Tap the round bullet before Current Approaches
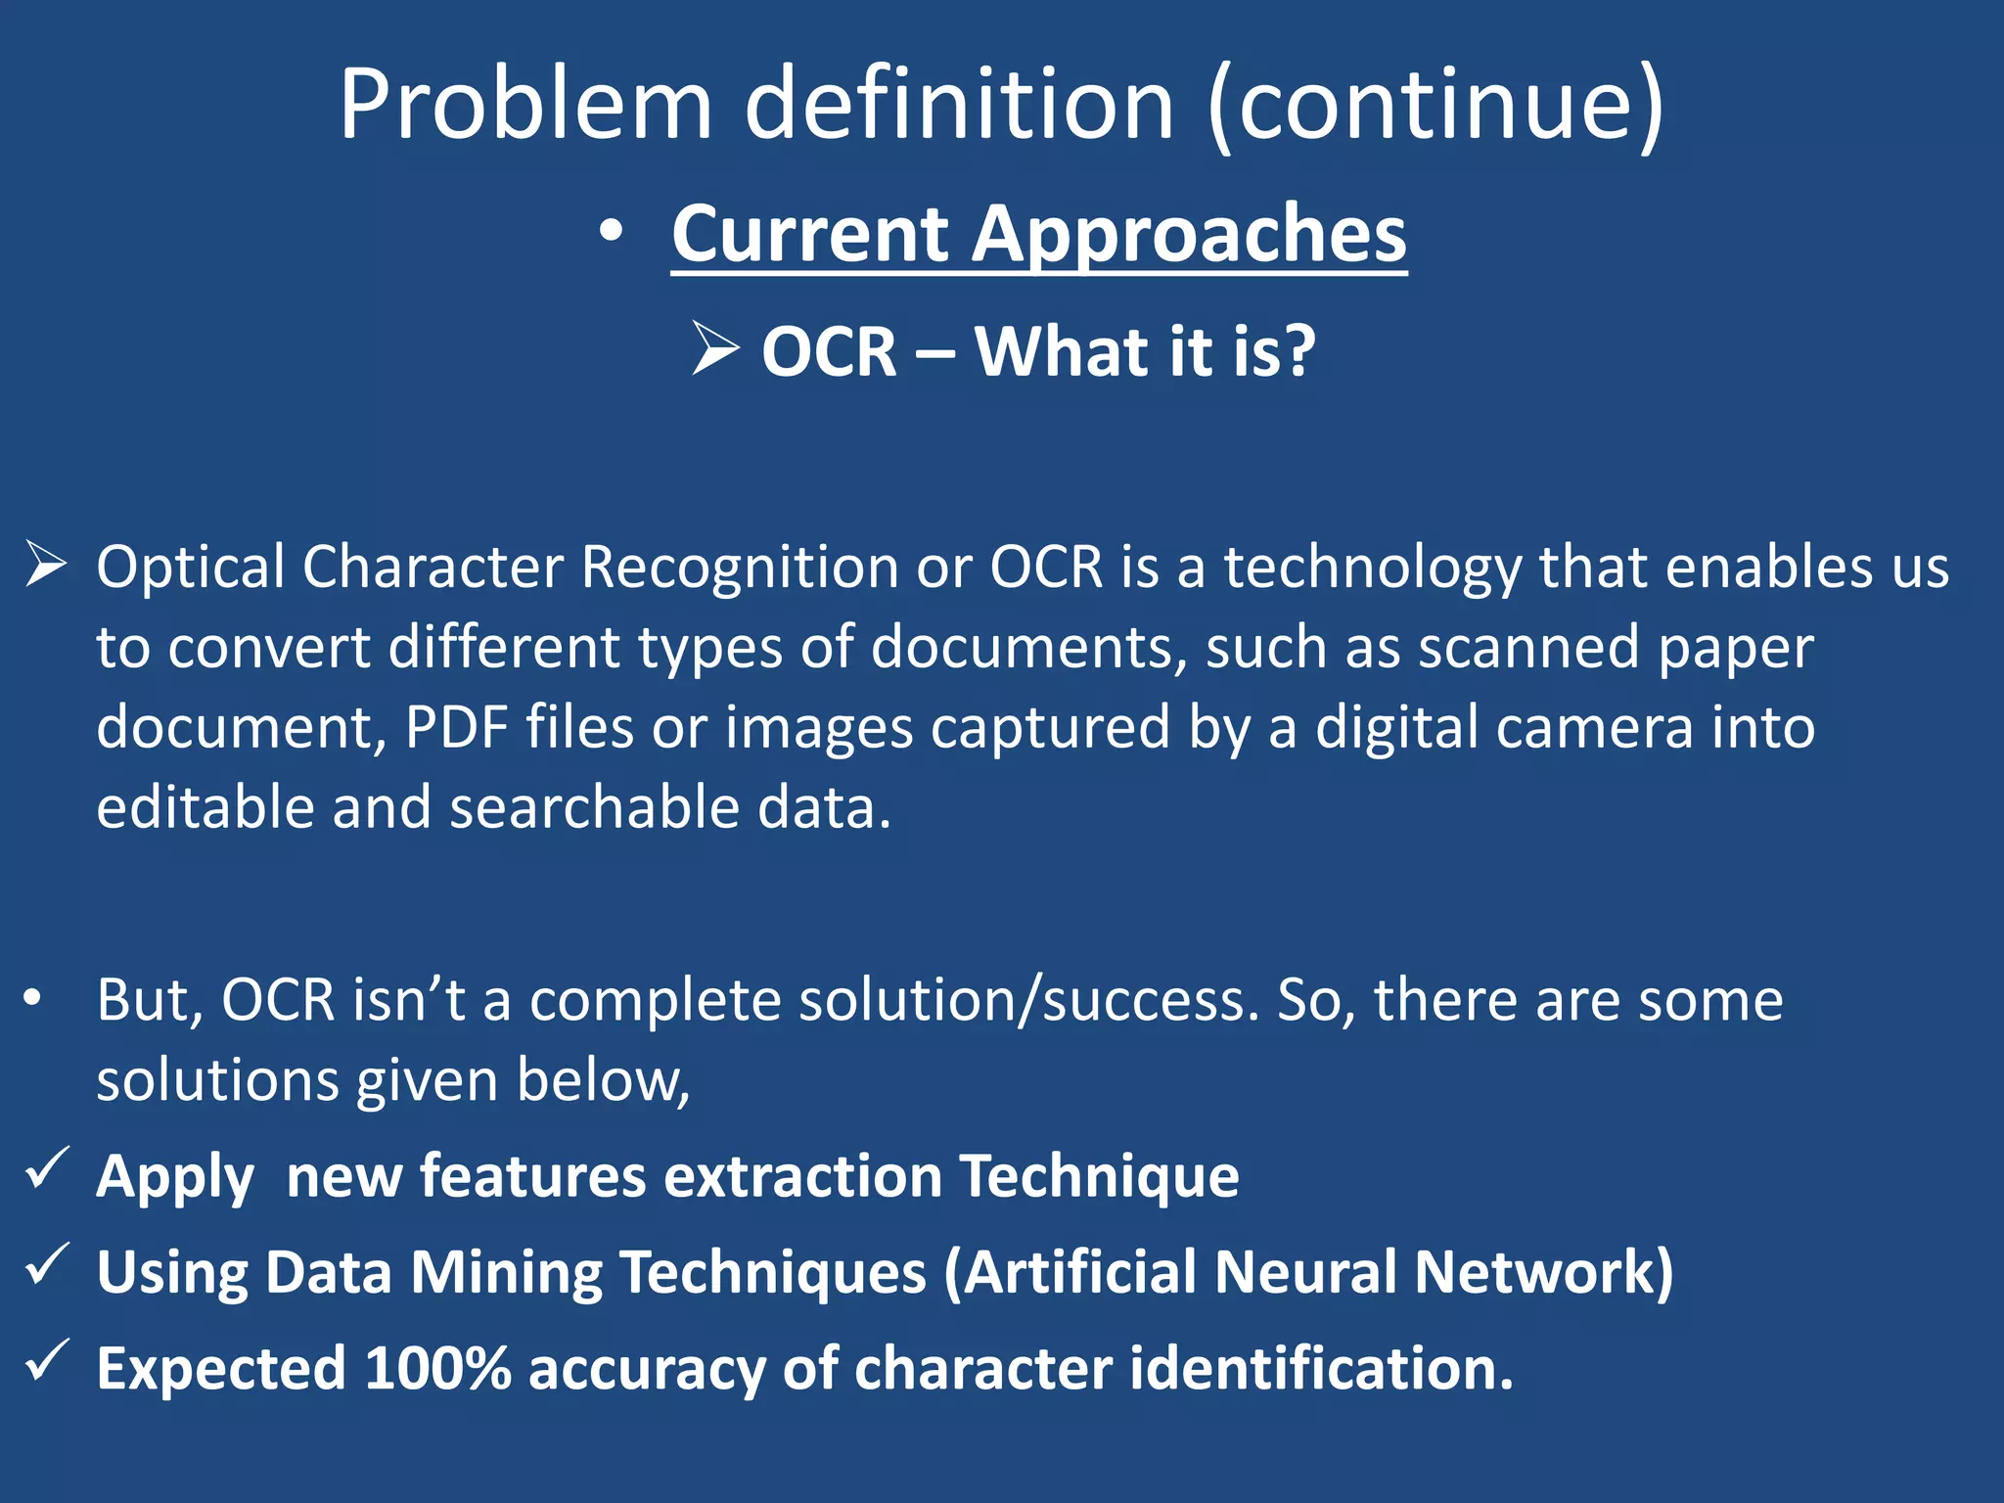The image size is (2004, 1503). coord(612,233)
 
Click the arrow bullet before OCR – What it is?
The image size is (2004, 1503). coord(715,348)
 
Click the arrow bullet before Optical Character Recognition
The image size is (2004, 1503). coord(46,565)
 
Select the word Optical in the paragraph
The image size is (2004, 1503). coord(190,568)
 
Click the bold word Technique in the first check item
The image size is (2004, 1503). coord(1099,1175)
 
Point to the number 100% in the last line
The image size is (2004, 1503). coord(437,1368)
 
